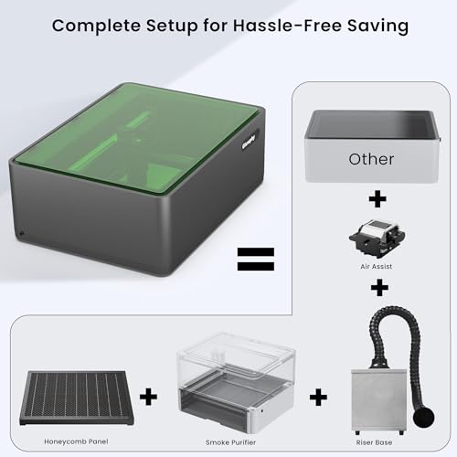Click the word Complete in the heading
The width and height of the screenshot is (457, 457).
point(96,26)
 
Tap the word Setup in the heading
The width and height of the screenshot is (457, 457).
point(172,26)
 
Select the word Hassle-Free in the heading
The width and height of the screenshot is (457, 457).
point(287,25)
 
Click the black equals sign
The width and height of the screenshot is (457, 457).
point(256,260)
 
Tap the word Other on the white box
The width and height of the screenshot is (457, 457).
point(371,159)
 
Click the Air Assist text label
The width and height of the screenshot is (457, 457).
point(377,266)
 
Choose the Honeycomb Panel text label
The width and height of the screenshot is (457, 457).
point(76,441)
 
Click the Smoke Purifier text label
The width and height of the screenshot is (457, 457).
point(230,442)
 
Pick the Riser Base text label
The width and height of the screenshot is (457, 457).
point(374,442)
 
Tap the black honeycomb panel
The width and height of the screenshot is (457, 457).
point(76,398)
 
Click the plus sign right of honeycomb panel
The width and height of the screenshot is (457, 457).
point(148,397)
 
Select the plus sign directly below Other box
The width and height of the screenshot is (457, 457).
point(377,199)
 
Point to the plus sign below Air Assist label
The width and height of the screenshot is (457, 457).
point(379,287)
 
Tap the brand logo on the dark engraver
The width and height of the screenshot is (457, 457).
point(249,142)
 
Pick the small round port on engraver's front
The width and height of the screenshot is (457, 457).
point(21,233)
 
